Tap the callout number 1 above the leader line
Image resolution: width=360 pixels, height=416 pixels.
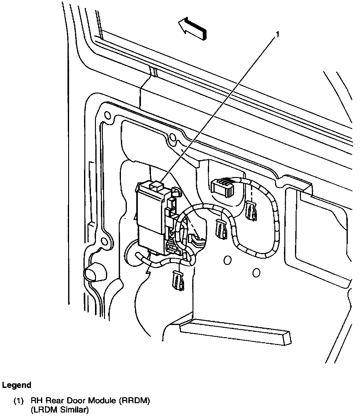(x=276, y=34)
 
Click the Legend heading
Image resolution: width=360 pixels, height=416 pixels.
(x=17, y=385)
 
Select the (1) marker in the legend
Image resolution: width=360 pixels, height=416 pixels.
(x=18, y=401)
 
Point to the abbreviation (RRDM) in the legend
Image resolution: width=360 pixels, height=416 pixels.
(x=132, y=401)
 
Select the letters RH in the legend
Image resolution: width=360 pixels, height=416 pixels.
(x=36, y=401)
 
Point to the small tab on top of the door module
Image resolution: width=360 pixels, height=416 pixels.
(x=156, y=185)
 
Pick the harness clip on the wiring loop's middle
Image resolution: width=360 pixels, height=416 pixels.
(x=221, y=228)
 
